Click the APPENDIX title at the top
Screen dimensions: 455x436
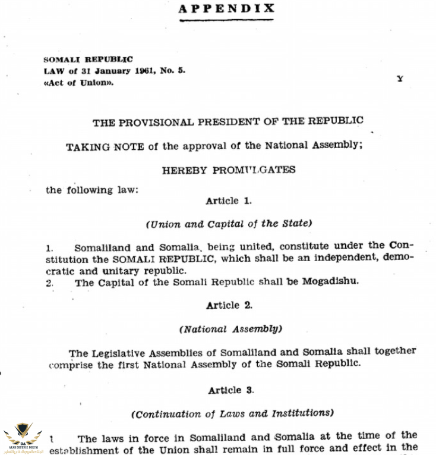coord(226,8)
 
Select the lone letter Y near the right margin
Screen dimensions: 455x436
coord(400,79)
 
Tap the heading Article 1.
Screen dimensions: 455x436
coord(229,201)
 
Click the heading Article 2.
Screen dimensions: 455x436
coord(229,305)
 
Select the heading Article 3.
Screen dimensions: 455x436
coord(231,390)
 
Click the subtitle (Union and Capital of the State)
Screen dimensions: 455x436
coord(229,224)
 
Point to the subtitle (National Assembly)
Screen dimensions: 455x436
coord(230,329)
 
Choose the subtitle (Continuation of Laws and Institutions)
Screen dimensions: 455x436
coord(232,413)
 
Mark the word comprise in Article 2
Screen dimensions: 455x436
coord(71,364)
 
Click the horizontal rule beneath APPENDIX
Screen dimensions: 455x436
coord(226,20)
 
